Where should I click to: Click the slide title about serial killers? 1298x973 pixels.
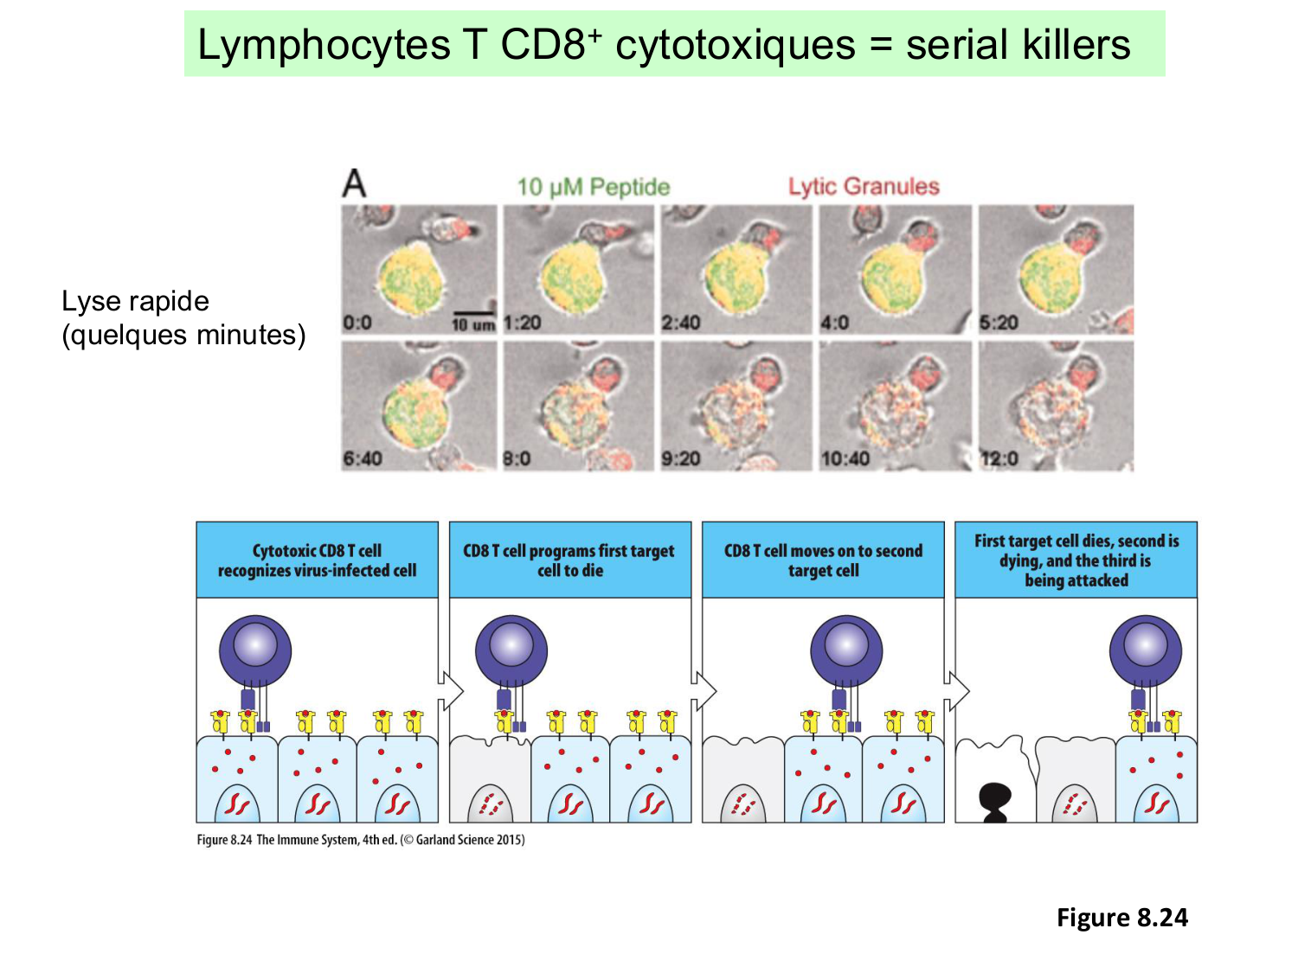[664, 45]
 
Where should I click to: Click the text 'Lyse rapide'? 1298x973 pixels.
[135, 301]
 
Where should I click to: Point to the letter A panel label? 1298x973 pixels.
[354, 183]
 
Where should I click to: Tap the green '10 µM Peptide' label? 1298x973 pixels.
[593, 187]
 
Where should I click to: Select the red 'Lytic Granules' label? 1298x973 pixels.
[863, 186]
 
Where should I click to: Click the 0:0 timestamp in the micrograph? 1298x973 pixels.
[357, 323]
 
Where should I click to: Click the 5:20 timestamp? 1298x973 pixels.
[998, 323]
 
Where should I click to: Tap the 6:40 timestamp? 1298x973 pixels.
[362, 458]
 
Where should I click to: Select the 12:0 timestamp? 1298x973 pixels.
[999, 458]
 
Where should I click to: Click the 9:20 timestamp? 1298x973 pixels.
[680, 458]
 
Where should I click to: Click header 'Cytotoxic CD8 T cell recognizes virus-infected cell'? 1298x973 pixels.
[317, 560]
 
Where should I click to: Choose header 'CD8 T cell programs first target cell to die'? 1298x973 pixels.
[569, 560]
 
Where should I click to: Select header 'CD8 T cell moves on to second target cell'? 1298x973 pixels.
[823, 560]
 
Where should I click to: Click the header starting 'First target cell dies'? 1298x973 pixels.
[1076, 560]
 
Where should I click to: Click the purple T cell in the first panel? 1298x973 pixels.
[254, 650]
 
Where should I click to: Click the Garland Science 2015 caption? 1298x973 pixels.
[360, 840]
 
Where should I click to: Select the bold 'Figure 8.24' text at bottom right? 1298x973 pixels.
[1121, 918]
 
